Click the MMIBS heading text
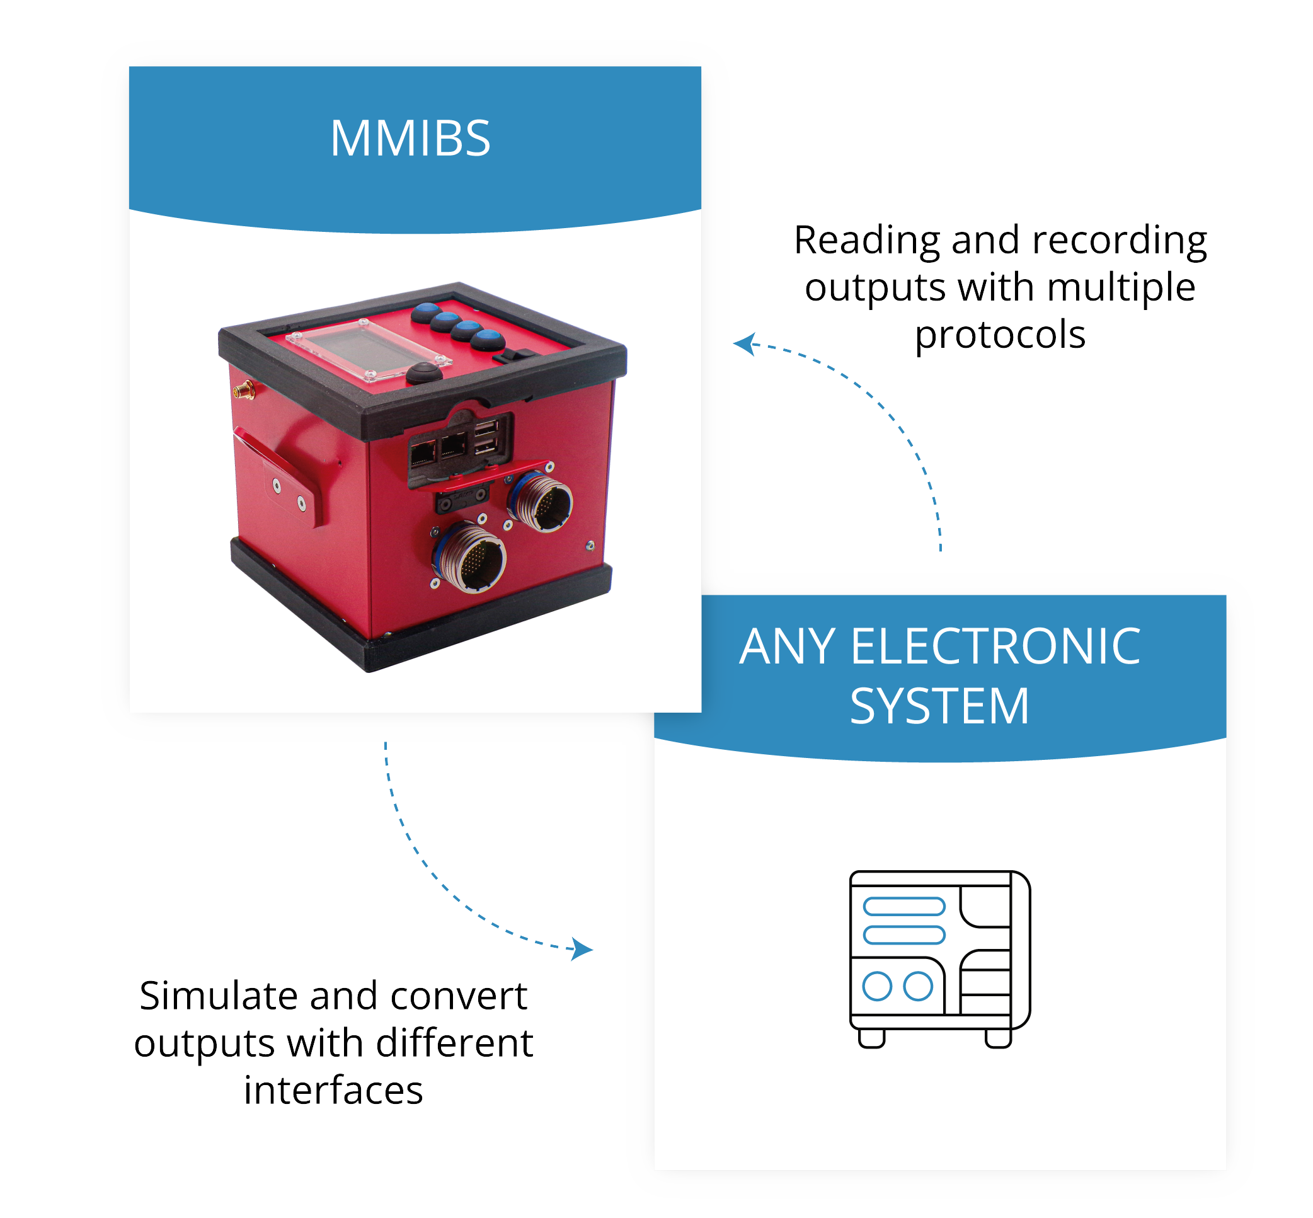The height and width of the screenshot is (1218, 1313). point(410,139)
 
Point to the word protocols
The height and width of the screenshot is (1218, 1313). point(999,335)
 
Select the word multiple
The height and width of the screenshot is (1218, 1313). point(1121,288)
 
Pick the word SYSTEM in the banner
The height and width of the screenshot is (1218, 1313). point(939,706)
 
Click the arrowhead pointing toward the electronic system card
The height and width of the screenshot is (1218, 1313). point(582,949)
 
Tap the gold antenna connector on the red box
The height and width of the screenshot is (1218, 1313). point(243,391)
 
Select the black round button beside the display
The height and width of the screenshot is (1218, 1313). point(424,372)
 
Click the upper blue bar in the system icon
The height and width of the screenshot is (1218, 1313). point(903,906)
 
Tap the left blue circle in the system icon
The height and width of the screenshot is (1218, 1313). point(876,987)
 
